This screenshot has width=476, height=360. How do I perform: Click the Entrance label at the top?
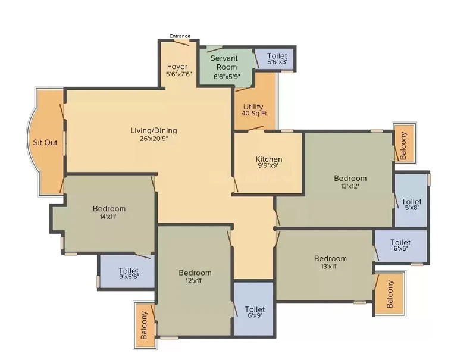tap(180, 36)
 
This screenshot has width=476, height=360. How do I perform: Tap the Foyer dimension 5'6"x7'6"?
tap(179, 74)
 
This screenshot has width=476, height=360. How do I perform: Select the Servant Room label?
tap(224, 62)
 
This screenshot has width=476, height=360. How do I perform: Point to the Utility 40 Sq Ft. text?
tap(255, 110)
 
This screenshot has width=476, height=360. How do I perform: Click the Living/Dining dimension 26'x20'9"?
tap(154, 139)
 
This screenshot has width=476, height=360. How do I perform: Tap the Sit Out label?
tap(45, 142)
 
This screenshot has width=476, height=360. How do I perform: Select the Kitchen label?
tap(269, 159)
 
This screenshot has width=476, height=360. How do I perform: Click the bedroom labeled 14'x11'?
tap(109, 212)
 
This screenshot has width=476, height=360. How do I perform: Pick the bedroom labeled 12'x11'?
tap(195, 276)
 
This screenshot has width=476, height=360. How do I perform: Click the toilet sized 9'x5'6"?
tap(129, 273)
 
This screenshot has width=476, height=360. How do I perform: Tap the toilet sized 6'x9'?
tap(255, 312)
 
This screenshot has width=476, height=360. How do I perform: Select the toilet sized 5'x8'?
tap(412, 204)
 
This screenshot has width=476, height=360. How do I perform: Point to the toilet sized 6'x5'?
tap(400, 245)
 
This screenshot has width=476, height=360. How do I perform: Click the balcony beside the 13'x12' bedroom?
tap(403, 146)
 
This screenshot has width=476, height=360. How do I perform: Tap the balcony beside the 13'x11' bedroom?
tap(390, 294)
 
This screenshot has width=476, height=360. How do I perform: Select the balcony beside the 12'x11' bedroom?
tap(144, 325)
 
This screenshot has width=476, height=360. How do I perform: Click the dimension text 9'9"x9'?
tap(269, 165)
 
